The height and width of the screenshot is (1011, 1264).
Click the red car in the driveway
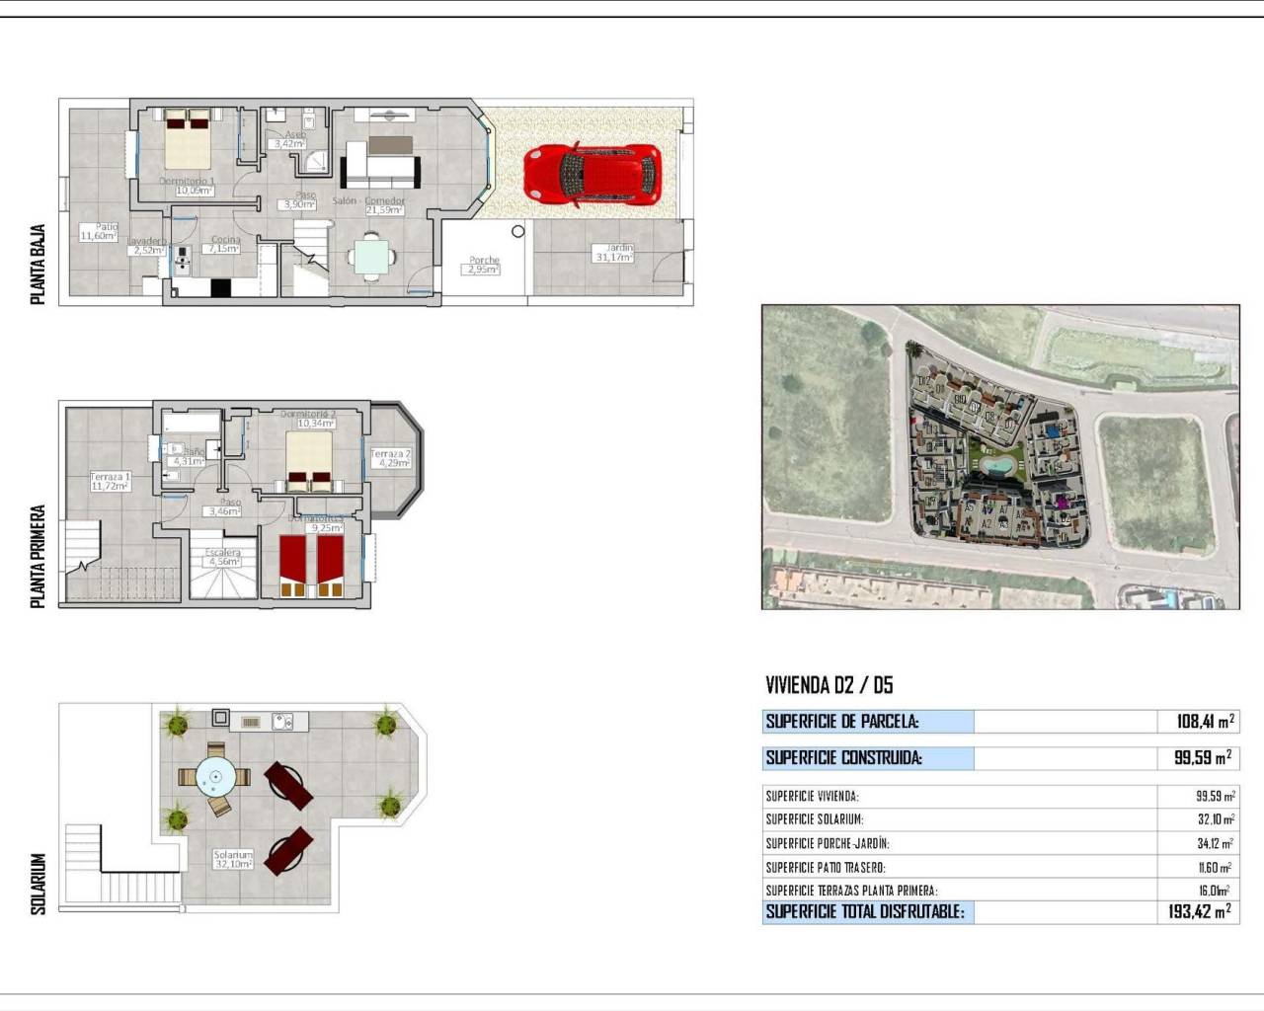pyautogui.click(x=592, y=175)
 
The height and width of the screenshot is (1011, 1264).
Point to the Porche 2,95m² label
pyautogui.click(x=484, y=265)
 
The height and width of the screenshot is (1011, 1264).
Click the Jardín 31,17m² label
pyautogui.click(x=614, y=253)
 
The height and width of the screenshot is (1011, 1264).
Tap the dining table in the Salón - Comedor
pyautogui.click(x=371, y=257)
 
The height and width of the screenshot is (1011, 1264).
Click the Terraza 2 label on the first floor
pyautogui.click(x=390, y=458)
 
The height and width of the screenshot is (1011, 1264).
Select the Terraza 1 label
pyautogui.click(x=111, y=481)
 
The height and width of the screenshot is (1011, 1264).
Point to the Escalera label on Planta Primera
pyautogui.click(x=223, y=557)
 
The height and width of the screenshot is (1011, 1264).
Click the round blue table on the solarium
pyautogui.click(x=214, y=777)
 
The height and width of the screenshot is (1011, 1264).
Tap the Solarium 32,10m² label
pyautogui.click(x=233, y=859)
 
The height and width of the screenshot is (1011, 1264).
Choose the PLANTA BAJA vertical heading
pyautogui.click(x=39, y=265)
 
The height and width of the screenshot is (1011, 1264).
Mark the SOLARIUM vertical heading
pyautogui.click(x=39, y=884)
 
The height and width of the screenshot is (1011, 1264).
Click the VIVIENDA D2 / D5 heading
pyautogui.click(x=829, y=685)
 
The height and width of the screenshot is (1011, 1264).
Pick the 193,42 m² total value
pyautogui.click(x=1199, y=912)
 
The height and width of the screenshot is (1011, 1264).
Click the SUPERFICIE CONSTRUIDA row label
pyautogui.click(x=843, y=758)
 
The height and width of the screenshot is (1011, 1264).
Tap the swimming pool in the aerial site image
pyautogui.click(x=1000, y=463)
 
